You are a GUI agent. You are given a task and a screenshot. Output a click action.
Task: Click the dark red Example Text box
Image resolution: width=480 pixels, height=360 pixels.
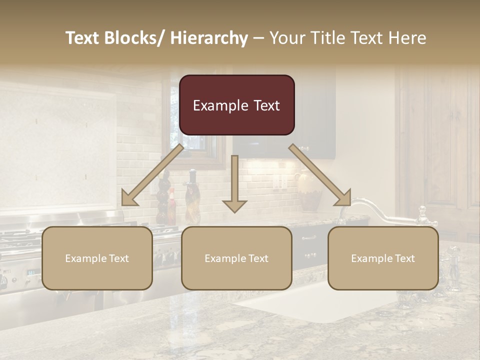pyautogui.click(x=236, y=105)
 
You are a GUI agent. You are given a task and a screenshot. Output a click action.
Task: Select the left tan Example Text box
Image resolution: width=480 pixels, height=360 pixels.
pyautogui.click(x=97, y=258)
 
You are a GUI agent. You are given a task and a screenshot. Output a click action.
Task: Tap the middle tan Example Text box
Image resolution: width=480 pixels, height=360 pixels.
pyautogui.click(x=236, y=258)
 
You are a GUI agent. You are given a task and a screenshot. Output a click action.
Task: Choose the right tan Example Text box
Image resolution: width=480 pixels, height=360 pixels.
pyautogui.click(x=383, y=258)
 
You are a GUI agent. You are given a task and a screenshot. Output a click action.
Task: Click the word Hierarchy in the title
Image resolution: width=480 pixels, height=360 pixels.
pyautogui.click(x=209, y=38)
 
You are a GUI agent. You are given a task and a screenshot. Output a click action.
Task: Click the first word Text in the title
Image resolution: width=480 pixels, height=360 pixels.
pyautogui.click(x=83, y=38)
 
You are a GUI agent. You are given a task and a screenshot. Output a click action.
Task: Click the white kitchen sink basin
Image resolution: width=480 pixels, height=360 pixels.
pyautogui.click(x=320, y=302)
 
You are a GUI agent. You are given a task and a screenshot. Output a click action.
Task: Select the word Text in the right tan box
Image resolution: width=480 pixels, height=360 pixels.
pyautogui.click(x=404, y=258)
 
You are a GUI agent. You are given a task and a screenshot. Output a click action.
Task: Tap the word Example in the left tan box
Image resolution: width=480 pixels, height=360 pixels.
pyautogui.click(x=86, y=258)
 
